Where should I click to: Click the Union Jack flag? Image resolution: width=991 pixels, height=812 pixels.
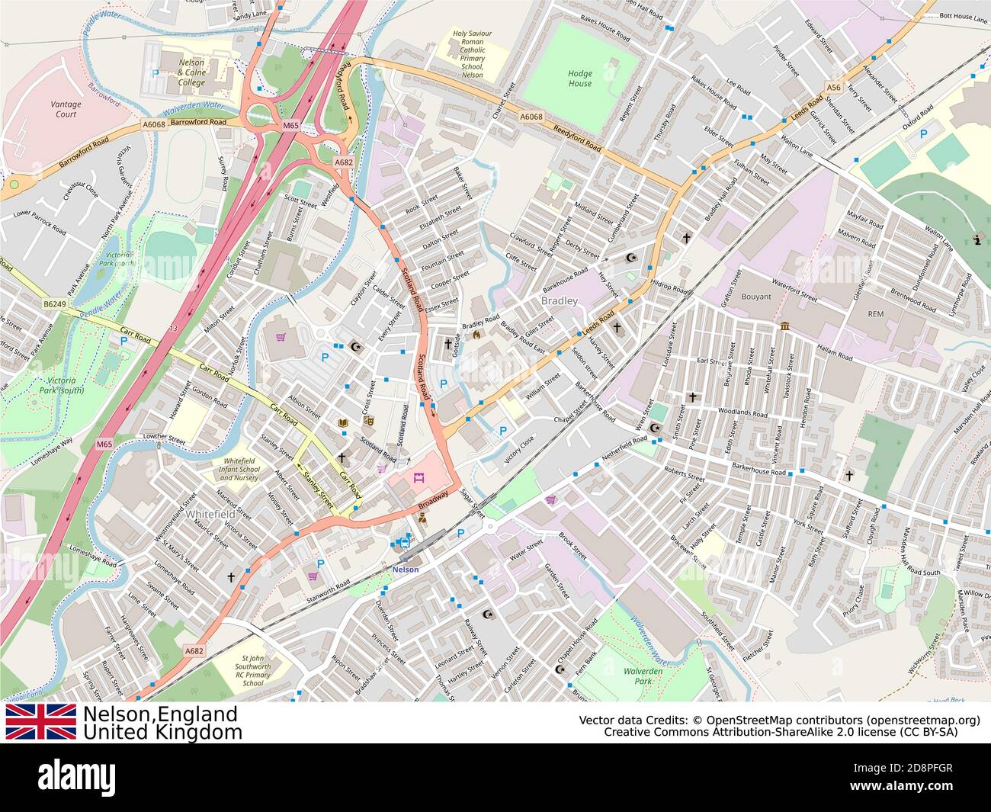click(x=41, y=722)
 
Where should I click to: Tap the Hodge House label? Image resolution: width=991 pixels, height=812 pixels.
click(x=579, y=79)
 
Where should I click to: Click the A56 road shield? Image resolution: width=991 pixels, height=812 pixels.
click(x=834, y=88)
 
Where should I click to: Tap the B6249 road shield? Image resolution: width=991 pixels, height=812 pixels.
click(x=54, y=303)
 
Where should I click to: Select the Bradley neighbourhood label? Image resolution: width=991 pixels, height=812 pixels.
click(x=560, y=301)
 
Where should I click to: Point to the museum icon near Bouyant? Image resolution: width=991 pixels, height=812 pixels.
click(x=784, y=328)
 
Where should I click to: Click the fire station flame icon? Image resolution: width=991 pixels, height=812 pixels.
click(x=476, y=333)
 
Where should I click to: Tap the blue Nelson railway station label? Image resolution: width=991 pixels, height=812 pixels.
click(x=405, y=570)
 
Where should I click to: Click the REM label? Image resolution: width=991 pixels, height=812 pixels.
click(x=875, y=314)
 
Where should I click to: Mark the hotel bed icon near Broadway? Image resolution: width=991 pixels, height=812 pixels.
click(x=418, y=479)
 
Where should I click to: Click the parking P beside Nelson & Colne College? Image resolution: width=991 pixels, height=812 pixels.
click(x=156, y=73)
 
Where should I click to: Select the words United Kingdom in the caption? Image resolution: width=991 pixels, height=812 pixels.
click(x=162, y=733)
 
